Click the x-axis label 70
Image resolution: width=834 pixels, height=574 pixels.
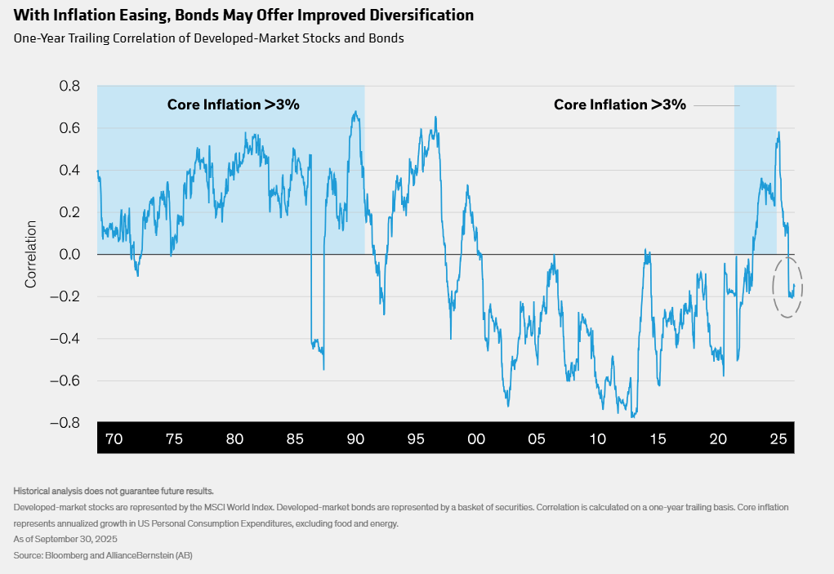[114, 438]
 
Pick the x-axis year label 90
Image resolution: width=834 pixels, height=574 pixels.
[355, 438]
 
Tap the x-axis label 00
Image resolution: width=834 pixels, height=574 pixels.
[476, 438]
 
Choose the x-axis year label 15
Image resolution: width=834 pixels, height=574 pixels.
[658, 438]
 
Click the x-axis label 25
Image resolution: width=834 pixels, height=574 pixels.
[778, 438]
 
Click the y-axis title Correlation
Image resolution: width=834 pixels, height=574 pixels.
[31, 254]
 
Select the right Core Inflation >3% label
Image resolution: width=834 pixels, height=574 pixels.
[619, 105]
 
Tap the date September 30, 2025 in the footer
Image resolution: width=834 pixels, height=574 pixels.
[79, 540]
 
